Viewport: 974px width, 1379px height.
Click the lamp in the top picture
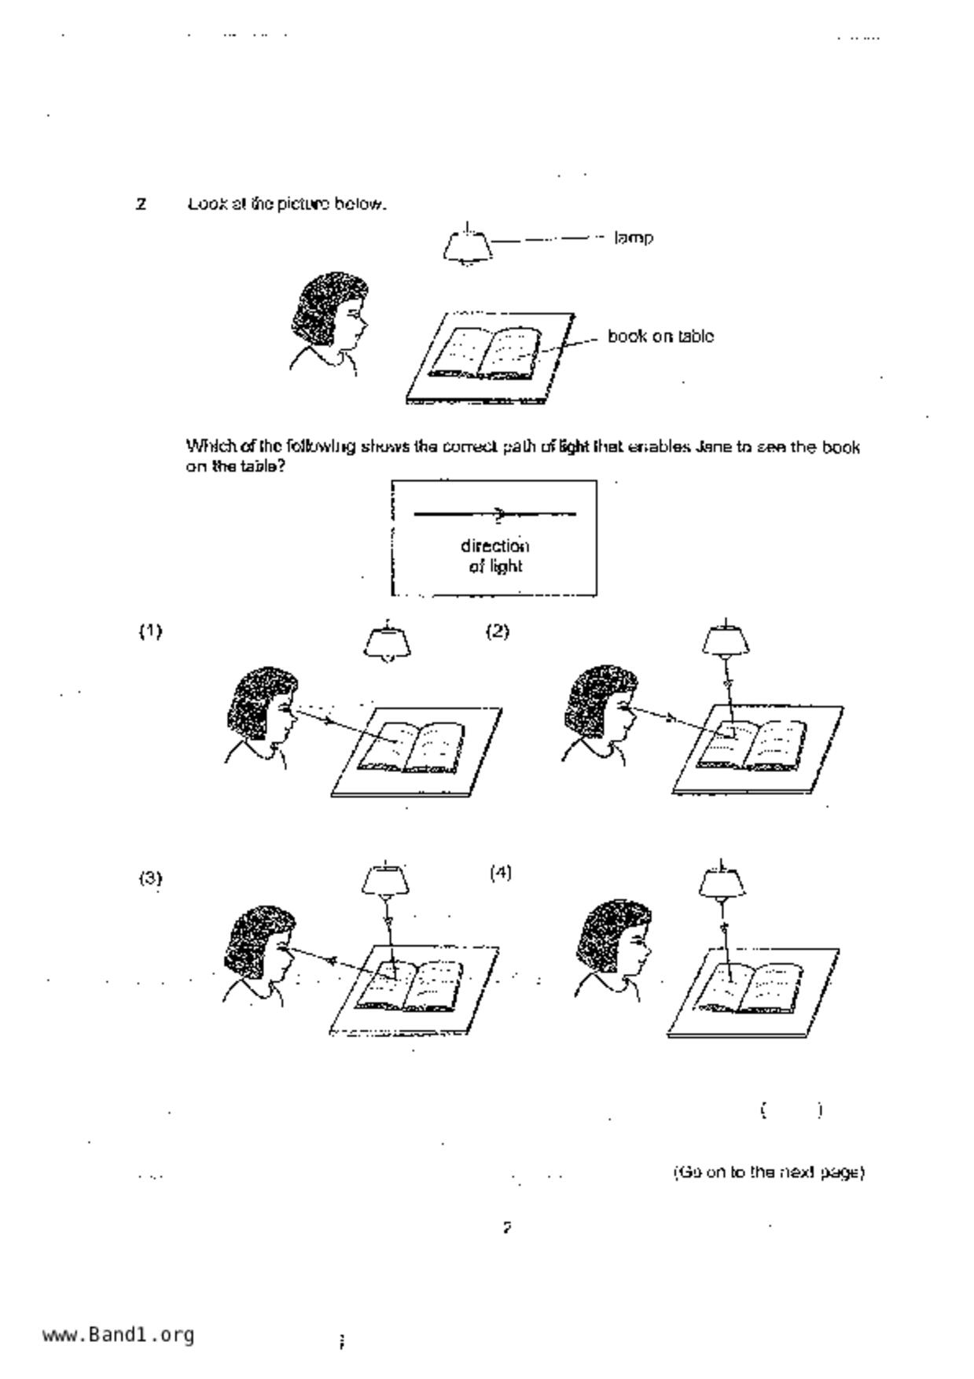point(468,246)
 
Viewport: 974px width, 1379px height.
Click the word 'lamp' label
point(634,237)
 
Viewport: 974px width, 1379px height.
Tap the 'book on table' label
point(660,336)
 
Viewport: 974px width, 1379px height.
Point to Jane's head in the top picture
point(329,314)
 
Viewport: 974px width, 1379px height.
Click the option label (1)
point(150,631)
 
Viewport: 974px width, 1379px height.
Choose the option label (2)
point(498,631)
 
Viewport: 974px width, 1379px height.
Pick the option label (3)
point(150,878)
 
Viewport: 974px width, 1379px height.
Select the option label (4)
point(501,873)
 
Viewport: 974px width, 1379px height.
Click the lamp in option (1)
point(388,643)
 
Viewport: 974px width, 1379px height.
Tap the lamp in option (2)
point(726,641)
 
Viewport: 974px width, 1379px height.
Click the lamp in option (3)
point(385,880)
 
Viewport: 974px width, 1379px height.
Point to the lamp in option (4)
point(722,881)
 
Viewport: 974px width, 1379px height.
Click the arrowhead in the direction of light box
point(501,514)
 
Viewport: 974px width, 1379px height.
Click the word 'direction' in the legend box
point(494,546)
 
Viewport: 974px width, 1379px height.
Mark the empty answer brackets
point(792,1110)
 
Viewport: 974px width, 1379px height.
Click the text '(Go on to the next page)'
point(769,1172)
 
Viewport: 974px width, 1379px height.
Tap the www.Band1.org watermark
point(118,1335)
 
